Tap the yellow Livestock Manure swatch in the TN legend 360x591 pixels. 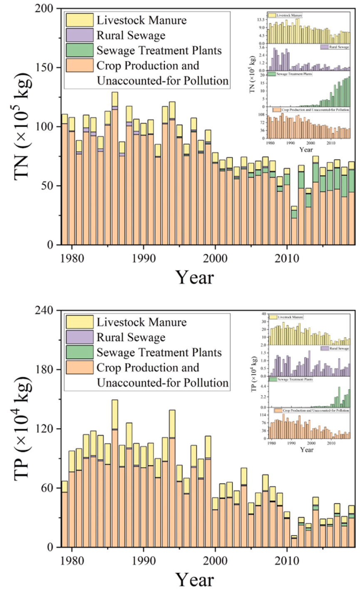click(x=79, y=20)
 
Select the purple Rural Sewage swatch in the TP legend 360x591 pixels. click(x=79, y=337)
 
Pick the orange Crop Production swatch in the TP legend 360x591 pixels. click(x=79, y=368)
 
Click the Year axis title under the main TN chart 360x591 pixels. click(x=194, y=277)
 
